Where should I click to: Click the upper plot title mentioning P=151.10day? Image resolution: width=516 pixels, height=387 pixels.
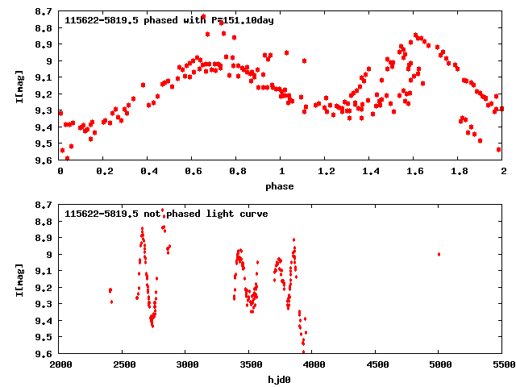click(169, 20)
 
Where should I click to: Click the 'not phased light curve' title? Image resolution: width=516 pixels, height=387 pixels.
click(166, 214)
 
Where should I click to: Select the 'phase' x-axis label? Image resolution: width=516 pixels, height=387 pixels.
click(281, 186)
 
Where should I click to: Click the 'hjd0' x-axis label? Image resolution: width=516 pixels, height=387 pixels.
click(281, 380)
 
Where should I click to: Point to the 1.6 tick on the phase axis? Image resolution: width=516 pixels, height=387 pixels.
click(414, 172)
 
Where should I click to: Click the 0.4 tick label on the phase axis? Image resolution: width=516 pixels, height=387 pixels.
click(149, 172)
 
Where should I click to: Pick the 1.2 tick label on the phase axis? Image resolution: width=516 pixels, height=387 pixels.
click(326, 172)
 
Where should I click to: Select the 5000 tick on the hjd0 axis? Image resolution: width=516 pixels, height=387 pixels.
click(439, 365)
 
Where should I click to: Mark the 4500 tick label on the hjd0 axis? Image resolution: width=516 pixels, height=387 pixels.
click(377, 365)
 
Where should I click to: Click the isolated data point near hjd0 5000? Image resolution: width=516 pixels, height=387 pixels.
click(439, 254)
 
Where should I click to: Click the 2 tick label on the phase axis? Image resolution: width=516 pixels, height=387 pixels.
click(502, 172)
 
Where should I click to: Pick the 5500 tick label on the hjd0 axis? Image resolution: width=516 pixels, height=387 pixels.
click(502, 365)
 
